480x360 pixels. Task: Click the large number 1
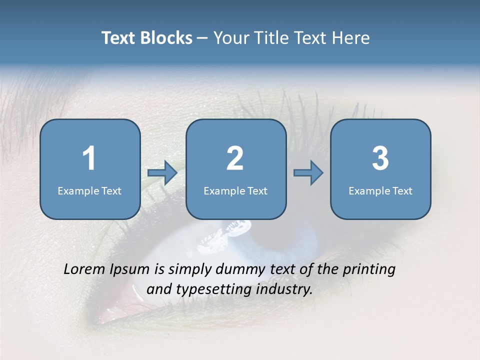pyautogui.click(x=89, y=158)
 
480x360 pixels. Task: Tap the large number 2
pyautogui.click(x=235, y=158)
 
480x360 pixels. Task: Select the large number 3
pyautogui.click(x=380, y=158)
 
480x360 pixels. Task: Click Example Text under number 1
pyautogui.click(x=89, y=190)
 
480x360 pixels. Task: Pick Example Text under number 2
pyautogui.click(x=235, y=190)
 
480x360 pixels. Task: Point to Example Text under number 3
pyautogui.click(x=380, y=190)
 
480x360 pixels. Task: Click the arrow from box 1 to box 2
pyautogui.click(x=162, y=173)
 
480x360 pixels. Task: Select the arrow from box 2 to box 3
pyautogui.click(x=308, y=173)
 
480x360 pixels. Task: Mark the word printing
pyautogui.click(x=369, y=270)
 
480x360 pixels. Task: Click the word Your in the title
pyautogui.click(x=231, y=38)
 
